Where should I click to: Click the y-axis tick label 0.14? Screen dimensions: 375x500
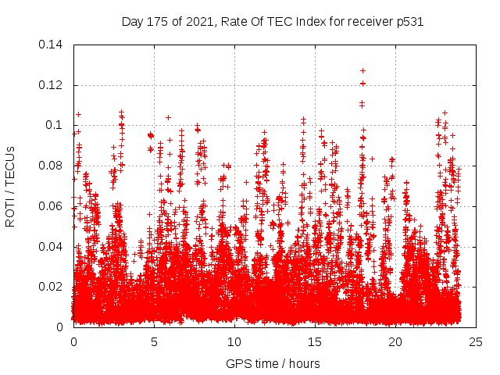pos(51,44)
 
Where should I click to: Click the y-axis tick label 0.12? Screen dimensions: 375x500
pos(51,84)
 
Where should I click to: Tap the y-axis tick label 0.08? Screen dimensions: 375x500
pos(51,166)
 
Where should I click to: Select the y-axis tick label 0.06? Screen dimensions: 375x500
pos(51,206)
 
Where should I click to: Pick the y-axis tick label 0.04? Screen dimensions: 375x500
pos(51,247)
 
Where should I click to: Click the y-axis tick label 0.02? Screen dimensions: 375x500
pos(51,287)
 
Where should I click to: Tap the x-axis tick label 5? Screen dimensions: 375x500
pos(154,342)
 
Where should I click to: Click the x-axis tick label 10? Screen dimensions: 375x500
pos(234,342)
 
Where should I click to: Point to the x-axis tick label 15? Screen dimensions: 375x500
pos(314,342)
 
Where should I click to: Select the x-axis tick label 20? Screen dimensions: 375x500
pos(395,342)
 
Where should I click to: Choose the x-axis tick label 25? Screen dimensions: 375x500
pos(475,342)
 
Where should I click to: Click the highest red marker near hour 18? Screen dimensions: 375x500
pos(362,71)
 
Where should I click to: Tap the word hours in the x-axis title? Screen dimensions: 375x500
pos(302,363)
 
